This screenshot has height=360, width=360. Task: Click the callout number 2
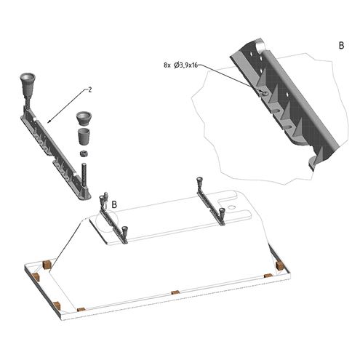(90, 89)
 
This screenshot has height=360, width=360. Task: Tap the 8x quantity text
(167, 65)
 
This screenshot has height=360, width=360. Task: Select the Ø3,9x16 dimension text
(186, 65)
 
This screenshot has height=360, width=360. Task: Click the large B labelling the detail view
(341, 46)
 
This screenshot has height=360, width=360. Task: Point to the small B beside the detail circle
(114, 204)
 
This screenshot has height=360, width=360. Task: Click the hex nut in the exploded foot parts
(84, 153)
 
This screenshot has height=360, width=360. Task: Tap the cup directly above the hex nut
(84, 137)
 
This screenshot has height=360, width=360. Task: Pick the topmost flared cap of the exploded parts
(84, 119)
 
